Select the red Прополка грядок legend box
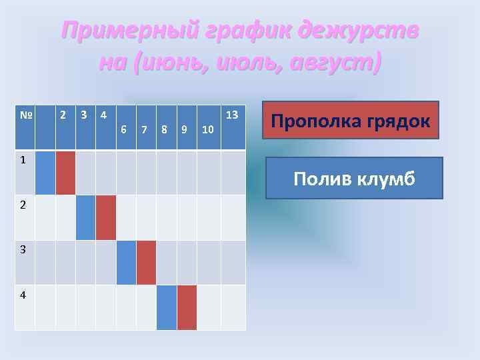click(x=351, y=120)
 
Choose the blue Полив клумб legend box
click(x=354, y=178)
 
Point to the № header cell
click(x=25, y=115)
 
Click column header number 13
click(x=232, y=115)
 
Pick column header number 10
click(x=207, y=129)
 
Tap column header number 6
click(x=125, y=129)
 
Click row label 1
click(x=23, y=160)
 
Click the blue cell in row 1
click(x=45, y=173)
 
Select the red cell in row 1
click(x=65, y=173)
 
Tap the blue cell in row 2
click(x=85, y=217)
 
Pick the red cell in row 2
click(x=105, y=217)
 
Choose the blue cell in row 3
click(x=127, y=262)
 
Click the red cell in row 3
click(x=147, y=262)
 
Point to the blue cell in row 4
click(x=167, y=307)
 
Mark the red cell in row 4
click(x=187, y=307)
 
